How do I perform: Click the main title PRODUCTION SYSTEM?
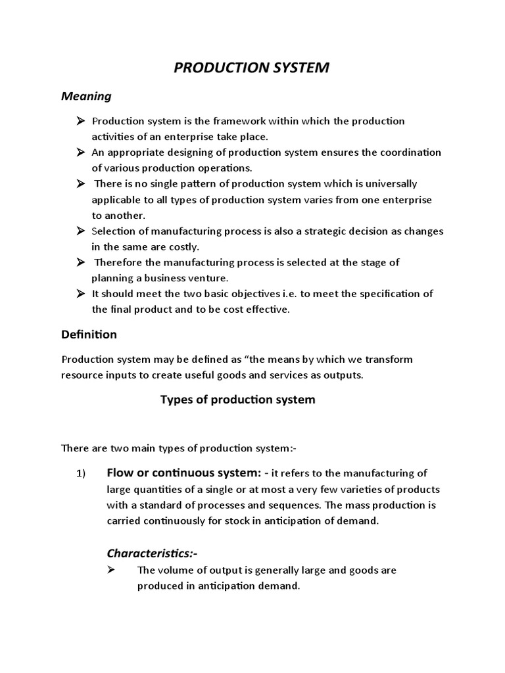point(252,68)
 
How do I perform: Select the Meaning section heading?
point(86,97)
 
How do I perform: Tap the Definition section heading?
point(89,335)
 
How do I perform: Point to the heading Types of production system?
point(238,400)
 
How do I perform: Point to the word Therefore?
point(120,263)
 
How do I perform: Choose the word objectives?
point(243,294)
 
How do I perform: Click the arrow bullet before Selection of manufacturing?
point(80,231)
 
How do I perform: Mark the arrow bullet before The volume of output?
point(111,570)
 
